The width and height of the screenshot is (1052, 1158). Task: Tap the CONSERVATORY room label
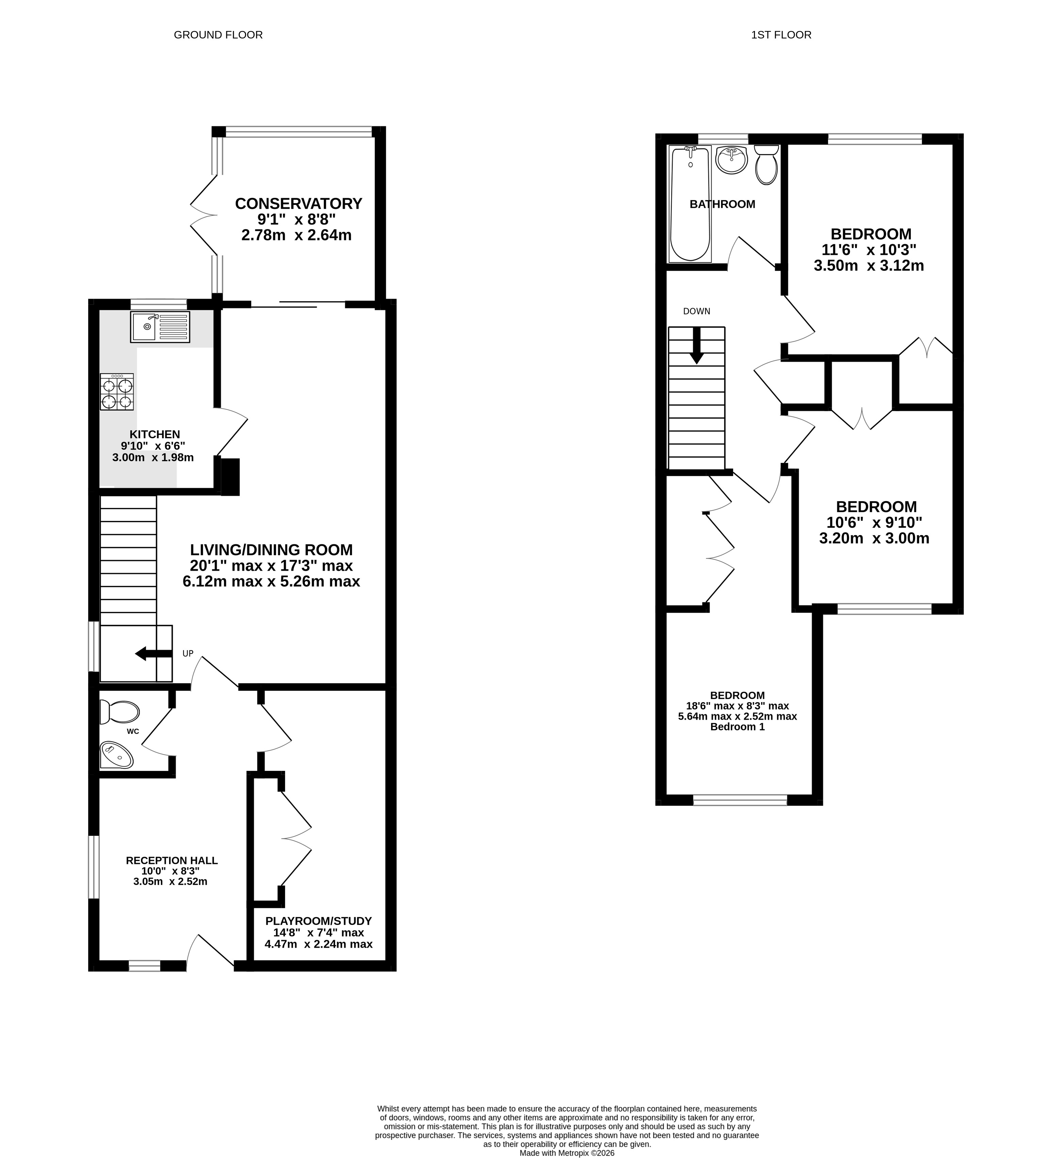point(298,204)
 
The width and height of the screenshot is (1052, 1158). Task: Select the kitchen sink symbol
point(160,327)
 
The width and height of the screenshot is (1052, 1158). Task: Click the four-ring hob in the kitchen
point(117,392)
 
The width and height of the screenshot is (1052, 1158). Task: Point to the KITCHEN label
point(154,434)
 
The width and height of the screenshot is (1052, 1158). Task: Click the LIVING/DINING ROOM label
point(271,550)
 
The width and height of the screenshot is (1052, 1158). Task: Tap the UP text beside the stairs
point(188,653)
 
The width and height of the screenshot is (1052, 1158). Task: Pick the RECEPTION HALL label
point(172,860)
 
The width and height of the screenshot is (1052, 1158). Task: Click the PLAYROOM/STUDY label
point(318,921)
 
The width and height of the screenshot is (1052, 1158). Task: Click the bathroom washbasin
point(732,159)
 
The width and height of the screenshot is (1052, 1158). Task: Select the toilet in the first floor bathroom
point(766,165)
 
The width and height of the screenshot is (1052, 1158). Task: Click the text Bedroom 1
point(737,727)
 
